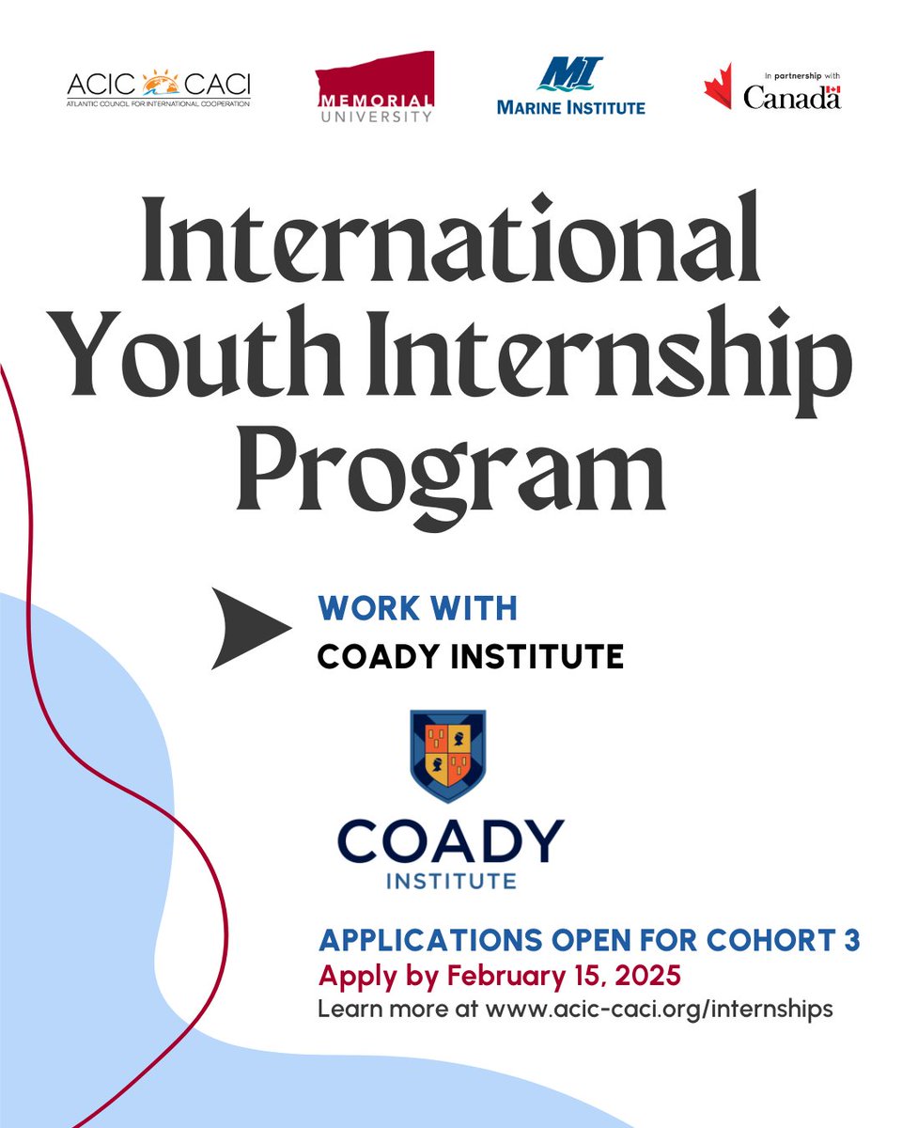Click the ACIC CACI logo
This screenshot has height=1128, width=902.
click(159, 87)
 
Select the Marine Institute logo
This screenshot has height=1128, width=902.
click(570, 87)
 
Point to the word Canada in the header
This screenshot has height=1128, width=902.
click(792, 97)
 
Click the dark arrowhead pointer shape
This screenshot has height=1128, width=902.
click(246, 628)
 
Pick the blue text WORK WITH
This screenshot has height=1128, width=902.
click(418, 609)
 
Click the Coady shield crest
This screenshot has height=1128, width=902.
click(448, 756)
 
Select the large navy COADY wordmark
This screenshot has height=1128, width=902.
click(450, 841)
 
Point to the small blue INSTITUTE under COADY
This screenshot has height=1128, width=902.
click(450, 882)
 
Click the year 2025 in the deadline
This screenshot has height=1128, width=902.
click(647, 975)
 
